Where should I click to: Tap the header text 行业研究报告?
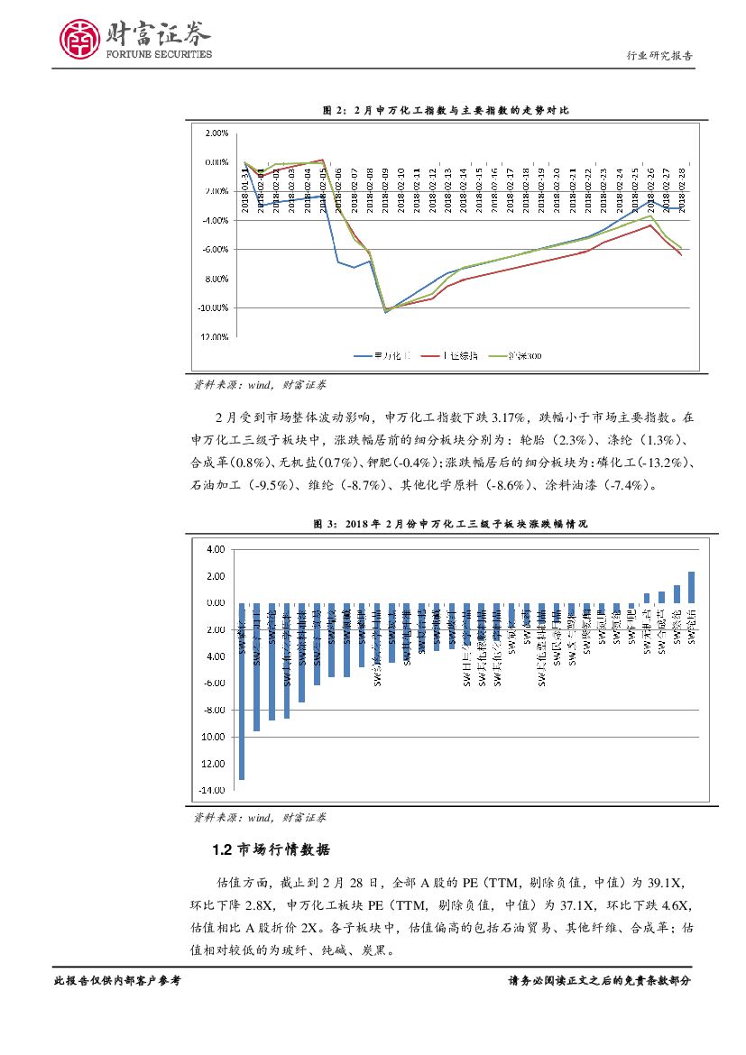coord(659,55)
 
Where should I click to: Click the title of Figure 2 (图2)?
coord(446,110)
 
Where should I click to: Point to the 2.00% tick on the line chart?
coord(216,133)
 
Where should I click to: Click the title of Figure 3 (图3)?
coord(446,523)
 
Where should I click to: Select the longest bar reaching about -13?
coord(242,691)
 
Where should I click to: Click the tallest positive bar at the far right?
coord(692,586)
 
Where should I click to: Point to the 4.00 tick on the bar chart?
coord(216,548)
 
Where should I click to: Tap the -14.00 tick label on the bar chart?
coord(214,790)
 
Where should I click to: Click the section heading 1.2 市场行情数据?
coord(271,849)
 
